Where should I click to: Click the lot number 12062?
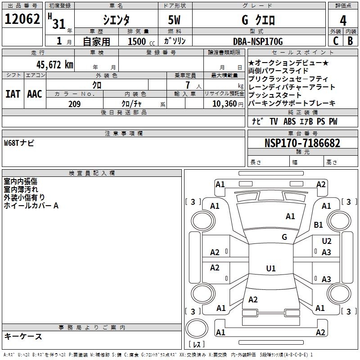point(22,20)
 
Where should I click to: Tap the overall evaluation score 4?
point(343,20)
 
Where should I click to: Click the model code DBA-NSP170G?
point(258,42)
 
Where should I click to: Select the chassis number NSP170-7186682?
point(302,143)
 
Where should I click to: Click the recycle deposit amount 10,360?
point(224,104)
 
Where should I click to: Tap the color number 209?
point(74,104)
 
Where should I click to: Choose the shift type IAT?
point(13,94)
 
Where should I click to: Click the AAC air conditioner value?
point(35,94)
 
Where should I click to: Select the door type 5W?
point(175,20)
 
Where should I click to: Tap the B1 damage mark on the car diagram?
point(319,225)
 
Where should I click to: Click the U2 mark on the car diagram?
point(327,242)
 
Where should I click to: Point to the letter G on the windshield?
point(284,237)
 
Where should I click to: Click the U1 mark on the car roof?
point(271,269)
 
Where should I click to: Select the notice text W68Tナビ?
point(19,143)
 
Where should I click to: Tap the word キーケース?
point(23,336)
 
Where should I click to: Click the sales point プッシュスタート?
point(274,95)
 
